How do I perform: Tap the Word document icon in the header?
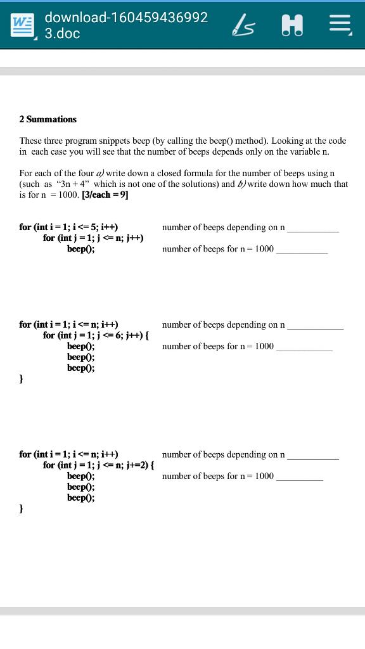click(x=23, y=25)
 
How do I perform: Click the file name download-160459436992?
click(x=126, y=17)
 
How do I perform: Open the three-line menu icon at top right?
click(x=340, y=25)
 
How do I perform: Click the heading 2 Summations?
click(x=48, y=119)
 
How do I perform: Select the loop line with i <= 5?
click(x=68, y=227)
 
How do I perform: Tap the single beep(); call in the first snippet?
click(x=81, y=248)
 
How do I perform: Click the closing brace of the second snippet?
click(x=22, y=378)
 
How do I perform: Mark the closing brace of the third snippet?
click(x=22, y=508)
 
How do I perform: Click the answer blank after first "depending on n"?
click(x=313, y=229)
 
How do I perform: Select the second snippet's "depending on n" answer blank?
click(x=315, y=327)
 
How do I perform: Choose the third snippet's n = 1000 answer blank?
click(x=299, y=479)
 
